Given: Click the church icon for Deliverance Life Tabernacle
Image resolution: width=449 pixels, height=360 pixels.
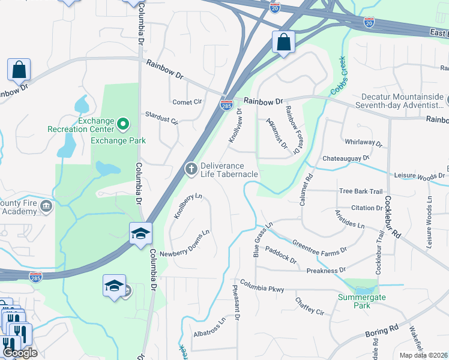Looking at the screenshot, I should pyautogui.click(x=191, y=169).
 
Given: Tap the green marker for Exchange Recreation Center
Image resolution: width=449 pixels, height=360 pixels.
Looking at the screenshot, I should pyautogui.click(x=124, y=125).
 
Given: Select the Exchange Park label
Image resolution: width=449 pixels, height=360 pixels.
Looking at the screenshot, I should pyautogui.click(x=118, y=141).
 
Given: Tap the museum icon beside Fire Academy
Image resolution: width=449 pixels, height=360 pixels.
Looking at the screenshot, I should pyautogui.click(x=46, y=207).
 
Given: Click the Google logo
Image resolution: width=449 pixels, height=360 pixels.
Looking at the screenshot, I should pyautogui.click(x=19, y=353).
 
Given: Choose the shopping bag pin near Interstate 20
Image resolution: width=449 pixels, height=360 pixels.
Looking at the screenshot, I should pyautogui.click(x=283, y=43).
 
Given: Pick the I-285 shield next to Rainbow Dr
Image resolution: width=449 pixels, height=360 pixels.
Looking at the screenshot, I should pyautogui.click(x=227, y=104).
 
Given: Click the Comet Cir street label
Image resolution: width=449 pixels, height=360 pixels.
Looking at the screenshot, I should pyautogui.click(x=187, y=102).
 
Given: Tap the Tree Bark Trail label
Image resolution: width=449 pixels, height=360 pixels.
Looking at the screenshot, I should pyautogui.click(x=361, y=191).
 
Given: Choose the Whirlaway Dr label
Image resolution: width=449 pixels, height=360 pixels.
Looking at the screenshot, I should pyautogui.click(x=364, y=142).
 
